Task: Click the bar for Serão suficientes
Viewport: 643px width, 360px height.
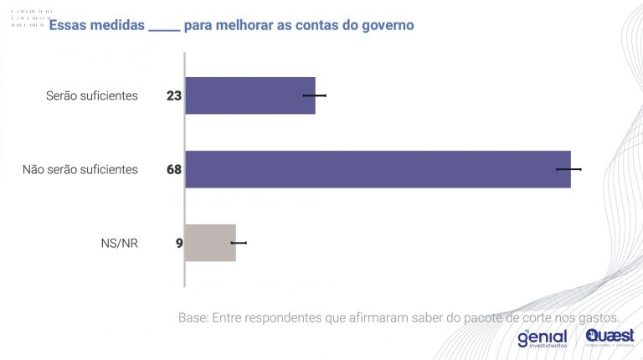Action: point(249,95)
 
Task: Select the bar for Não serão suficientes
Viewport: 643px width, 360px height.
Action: point(377,169)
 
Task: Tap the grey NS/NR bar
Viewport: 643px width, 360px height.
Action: point(210,243)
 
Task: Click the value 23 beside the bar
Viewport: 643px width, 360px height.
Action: point(174,95)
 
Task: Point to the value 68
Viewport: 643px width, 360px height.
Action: point(174,169)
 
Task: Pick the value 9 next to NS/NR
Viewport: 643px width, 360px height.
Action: point(179,244)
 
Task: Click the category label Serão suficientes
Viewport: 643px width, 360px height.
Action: point(91,95)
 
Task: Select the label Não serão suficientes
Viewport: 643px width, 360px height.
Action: point(80,169)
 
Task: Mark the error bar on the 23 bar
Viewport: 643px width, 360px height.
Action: point(315,95)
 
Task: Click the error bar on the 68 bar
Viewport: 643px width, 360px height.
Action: point(568,169)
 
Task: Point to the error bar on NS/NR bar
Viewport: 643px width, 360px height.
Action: point(239,243)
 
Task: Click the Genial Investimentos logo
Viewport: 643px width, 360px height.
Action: point(542,338)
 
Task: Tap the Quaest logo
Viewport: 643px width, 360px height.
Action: point(610,337)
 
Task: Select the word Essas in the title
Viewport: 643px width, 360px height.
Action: point(67,26)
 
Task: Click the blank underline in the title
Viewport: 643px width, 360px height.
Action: point(164,28)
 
